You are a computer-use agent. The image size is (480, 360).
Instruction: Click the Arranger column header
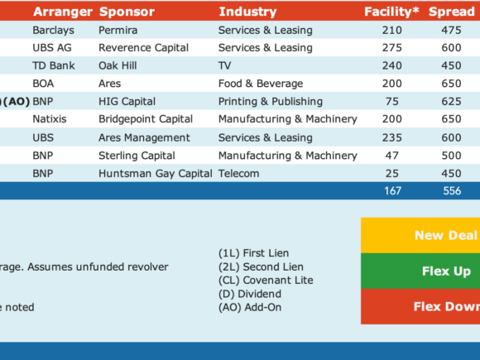tap(63, 12)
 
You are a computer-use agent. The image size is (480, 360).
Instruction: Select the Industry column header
tap(248, 12)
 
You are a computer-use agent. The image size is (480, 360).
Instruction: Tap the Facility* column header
tap(391, 12)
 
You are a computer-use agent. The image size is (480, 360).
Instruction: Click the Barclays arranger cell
tap(53, 31)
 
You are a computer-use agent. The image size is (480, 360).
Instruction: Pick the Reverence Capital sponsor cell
tap(143, 48)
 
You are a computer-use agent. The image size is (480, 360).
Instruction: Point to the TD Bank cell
tap(54, 65)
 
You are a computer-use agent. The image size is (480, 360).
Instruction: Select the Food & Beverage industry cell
tap(261, 84)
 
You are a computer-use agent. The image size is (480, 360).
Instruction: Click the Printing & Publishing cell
tap(271, 101)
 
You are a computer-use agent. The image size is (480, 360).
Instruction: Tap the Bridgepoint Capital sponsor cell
tap(146, 119)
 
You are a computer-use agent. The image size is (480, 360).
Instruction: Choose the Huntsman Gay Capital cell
tap(156, 174)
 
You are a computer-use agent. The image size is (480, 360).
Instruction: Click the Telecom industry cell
tap(239, 174)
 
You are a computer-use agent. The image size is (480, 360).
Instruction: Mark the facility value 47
tap(391, 156)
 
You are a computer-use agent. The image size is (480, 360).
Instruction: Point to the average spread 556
tap(452, 190)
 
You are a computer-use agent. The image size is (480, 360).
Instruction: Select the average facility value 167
tap(392, 190)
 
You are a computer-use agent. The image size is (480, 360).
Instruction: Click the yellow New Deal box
tap(420, 235)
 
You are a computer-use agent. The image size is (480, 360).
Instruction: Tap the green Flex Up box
tap(420, 271)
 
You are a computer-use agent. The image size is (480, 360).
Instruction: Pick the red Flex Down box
tap(420, 306)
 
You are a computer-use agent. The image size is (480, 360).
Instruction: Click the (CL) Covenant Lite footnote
tap(266, 280)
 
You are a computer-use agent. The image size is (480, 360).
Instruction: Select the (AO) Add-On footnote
tap(250, 307)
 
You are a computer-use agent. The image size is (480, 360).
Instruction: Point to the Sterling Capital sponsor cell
tap(137, 156)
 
